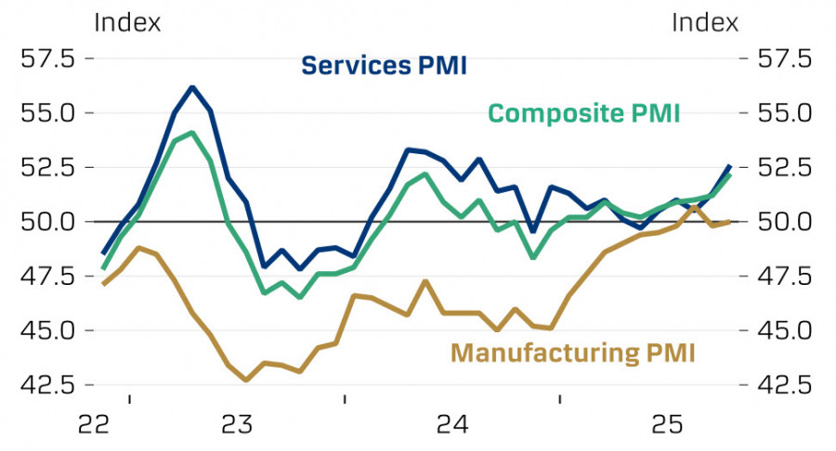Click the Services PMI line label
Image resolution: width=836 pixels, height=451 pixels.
coord(384,66)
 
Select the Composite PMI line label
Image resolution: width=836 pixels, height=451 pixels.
coord(584,113)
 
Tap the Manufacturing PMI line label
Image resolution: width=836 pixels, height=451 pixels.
coord(573,353)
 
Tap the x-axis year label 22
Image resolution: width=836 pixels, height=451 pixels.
coord(94,424)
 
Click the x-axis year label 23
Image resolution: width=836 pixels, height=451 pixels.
coord(237,424)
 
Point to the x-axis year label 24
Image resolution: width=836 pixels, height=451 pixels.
coord(452,424)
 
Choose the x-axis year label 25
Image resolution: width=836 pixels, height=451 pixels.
coord(667,424)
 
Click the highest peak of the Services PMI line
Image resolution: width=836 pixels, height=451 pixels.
coord(192,87)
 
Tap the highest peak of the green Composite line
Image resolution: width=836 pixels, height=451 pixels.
coord(192,133)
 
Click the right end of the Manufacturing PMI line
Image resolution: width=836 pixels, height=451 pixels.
coord(729,222)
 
